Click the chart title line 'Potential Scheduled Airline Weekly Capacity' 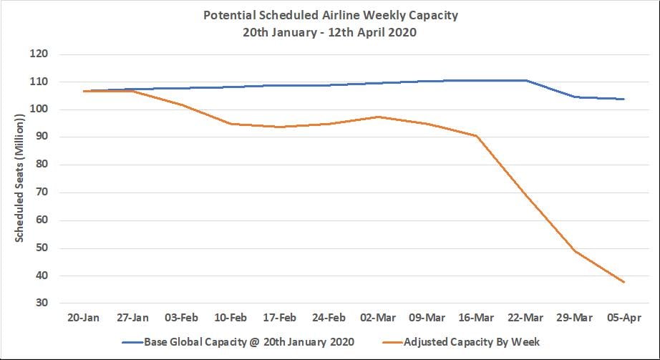[x=330, y=14]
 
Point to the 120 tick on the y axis [x=39, y=54]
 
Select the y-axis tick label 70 [x=42, y=193]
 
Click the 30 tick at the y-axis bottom [x=42, y=303]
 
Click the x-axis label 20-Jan [x=84, y=317]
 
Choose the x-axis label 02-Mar [x=378, y=317]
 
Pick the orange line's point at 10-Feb [x=231, y=124]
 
